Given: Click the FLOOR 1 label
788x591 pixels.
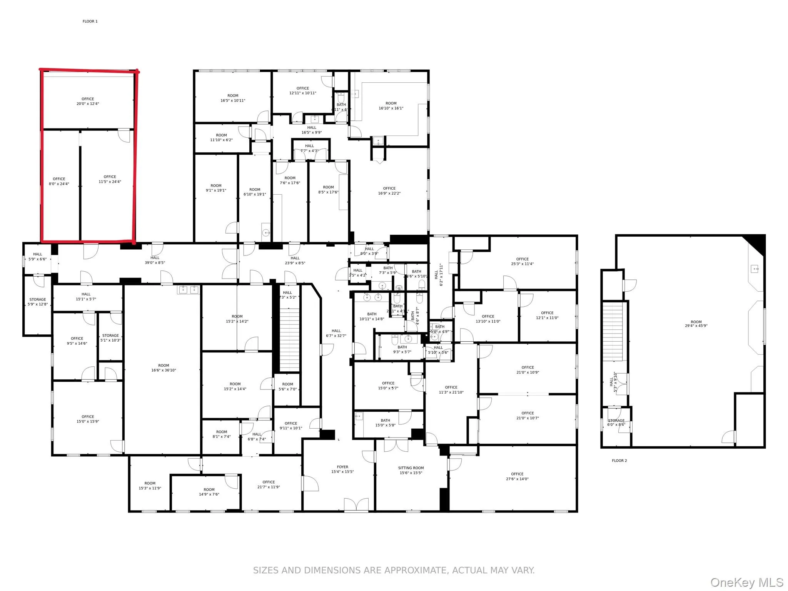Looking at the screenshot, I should [90, 22].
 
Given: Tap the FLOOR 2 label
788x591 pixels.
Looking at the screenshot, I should [619, 461].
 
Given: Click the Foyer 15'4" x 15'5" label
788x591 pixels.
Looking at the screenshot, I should [342, 469].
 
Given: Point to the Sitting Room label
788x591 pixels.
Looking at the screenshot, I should [411, 470].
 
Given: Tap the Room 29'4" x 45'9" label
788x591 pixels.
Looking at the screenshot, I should [696, 324].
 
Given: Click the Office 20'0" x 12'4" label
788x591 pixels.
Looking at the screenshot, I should [88, 101].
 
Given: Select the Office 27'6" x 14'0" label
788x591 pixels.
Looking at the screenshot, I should [517, 476].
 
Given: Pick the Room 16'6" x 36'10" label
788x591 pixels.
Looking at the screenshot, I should [164, 368].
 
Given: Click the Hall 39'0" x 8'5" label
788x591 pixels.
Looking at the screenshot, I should [155, 260].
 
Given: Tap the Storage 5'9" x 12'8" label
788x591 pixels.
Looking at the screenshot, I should [38, 302].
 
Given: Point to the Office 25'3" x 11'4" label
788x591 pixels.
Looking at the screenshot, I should [522, 261].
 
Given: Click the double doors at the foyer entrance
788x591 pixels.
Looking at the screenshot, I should [356, 504].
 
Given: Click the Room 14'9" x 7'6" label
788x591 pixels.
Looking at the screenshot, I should [209, 492].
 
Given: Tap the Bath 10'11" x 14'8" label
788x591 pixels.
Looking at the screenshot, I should [372, 316].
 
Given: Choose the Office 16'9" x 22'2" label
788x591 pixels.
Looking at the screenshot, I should [389, 191].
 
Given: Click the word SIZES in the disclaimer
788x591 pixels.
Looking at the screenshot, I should [266, 570].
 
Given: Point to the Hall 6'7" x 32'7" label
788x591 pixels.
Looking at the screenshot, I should [336, 333].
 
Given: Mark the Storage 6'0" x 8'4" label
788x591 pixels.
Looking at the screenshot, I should [616, 422].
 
